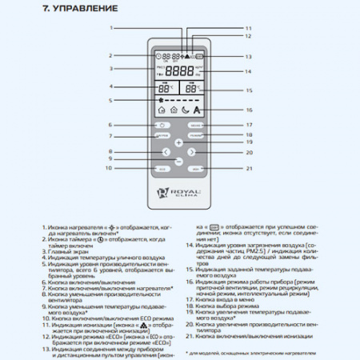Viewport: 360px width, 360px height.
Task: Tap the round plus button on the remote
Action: tap(179, 142)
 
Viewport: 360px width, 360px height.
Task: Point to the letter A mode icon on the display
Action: tap(197, 110)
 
